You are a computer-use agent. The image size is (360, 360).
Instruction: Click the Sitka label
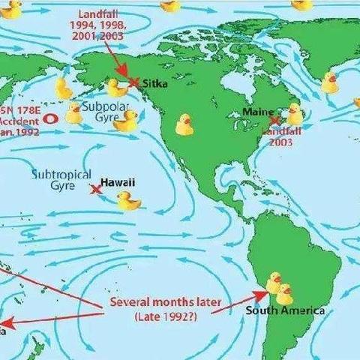coord(154,84)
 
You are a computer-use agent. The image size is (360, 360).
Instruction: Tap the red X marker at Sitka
coord(134,82)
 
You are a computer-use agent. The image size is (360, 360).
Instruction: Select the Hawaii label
coord(118,182)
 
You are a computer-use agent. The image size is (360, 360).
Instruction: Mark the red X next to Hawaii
coord(95,189)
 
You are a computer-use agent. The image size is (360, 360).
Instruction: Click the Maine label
coord(258,112)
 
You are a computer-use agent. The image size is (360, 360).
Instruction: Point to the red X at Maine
coord(275,120)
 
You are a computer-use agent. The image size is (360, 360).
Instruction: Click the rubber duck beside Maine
coord(295,114)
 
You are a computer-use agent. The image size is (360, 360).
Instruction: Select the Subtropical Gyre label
coord(55,179)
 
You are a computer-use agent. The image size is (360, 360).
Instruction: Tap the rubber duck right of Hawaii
coord(128,200)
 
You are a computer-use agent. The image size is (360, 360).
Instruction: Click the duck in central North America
coord(184,124)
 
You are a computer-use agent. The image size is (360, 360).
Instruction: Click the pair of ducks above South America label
coord(279,287)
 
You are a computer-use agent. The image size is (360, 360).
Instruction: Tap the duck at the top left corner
coord(11,9)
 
